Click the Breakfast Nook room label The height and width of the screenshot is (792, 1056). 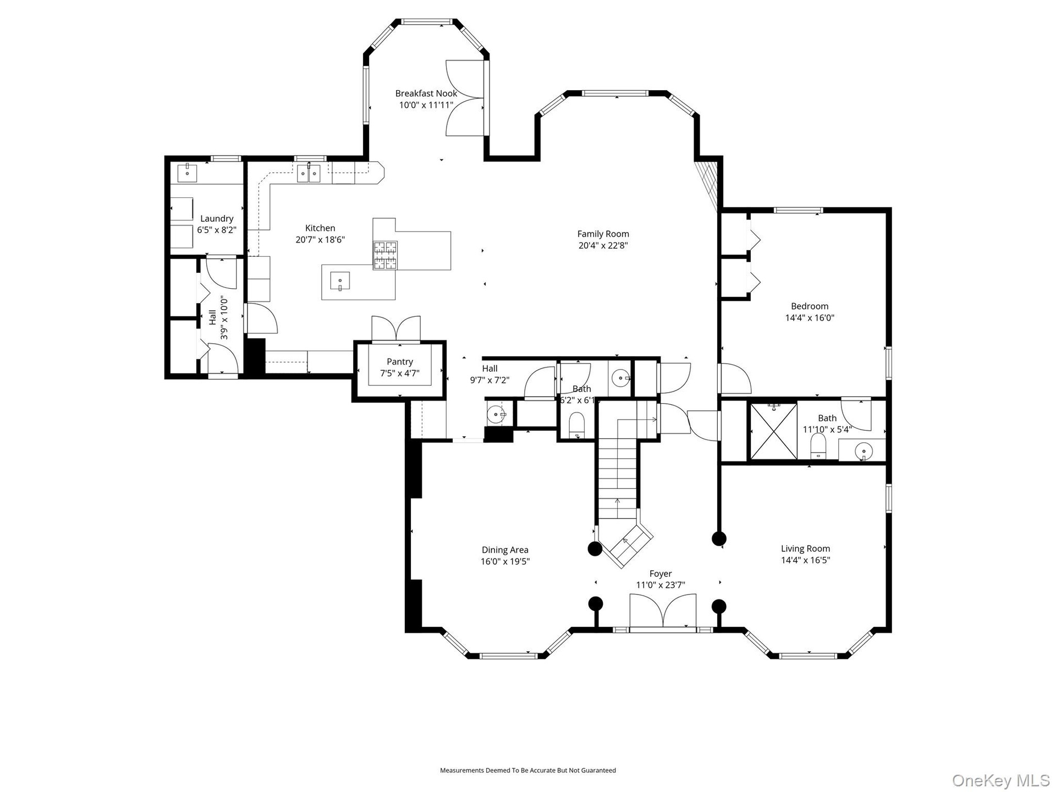(x=426, y=94)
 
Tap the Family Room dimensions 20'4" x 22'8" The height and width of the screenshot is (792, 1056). (x=603, y=245)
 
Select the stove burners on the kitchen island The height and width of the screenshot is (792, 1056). (x=385, y=255)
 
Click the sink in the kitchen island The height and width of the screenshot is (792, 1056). (x=340, y=281)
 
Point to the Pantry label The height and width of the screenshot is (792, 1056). (x=400, y=361)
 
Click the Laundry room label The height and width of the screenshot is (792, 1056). (x=217, y=218)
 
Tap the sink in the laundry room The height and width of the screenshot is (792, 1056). (x=188, y=173)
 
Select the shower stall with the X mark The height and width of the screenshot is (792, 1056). (x=774, y=431)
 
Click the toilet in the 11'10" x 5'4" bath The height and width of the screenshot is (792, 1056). (x=818, y=446)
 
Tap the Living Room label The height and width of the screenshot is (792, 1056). (x=806, y=548)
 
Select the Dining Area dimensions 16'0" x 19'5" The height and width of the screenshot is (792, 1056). (x=505, y=562)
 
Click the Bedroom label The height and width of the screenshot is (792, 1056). (x=810, y=306)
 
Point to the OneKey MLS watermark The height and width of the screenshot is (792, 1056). (x=1001, y=780)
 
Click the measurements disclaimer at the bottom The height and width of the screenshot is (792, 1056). (x=528, y=771)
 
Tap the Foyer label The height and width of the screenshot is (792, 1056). (x=661, y=574)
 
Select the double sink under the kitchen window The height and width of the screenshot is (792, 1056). (x=309, y=173)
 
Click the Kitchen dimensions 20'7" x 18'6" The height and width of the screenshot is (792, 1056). (x=320, y=240)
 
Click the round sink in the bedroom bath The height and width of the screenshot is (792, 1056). (x=864, y=452)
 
